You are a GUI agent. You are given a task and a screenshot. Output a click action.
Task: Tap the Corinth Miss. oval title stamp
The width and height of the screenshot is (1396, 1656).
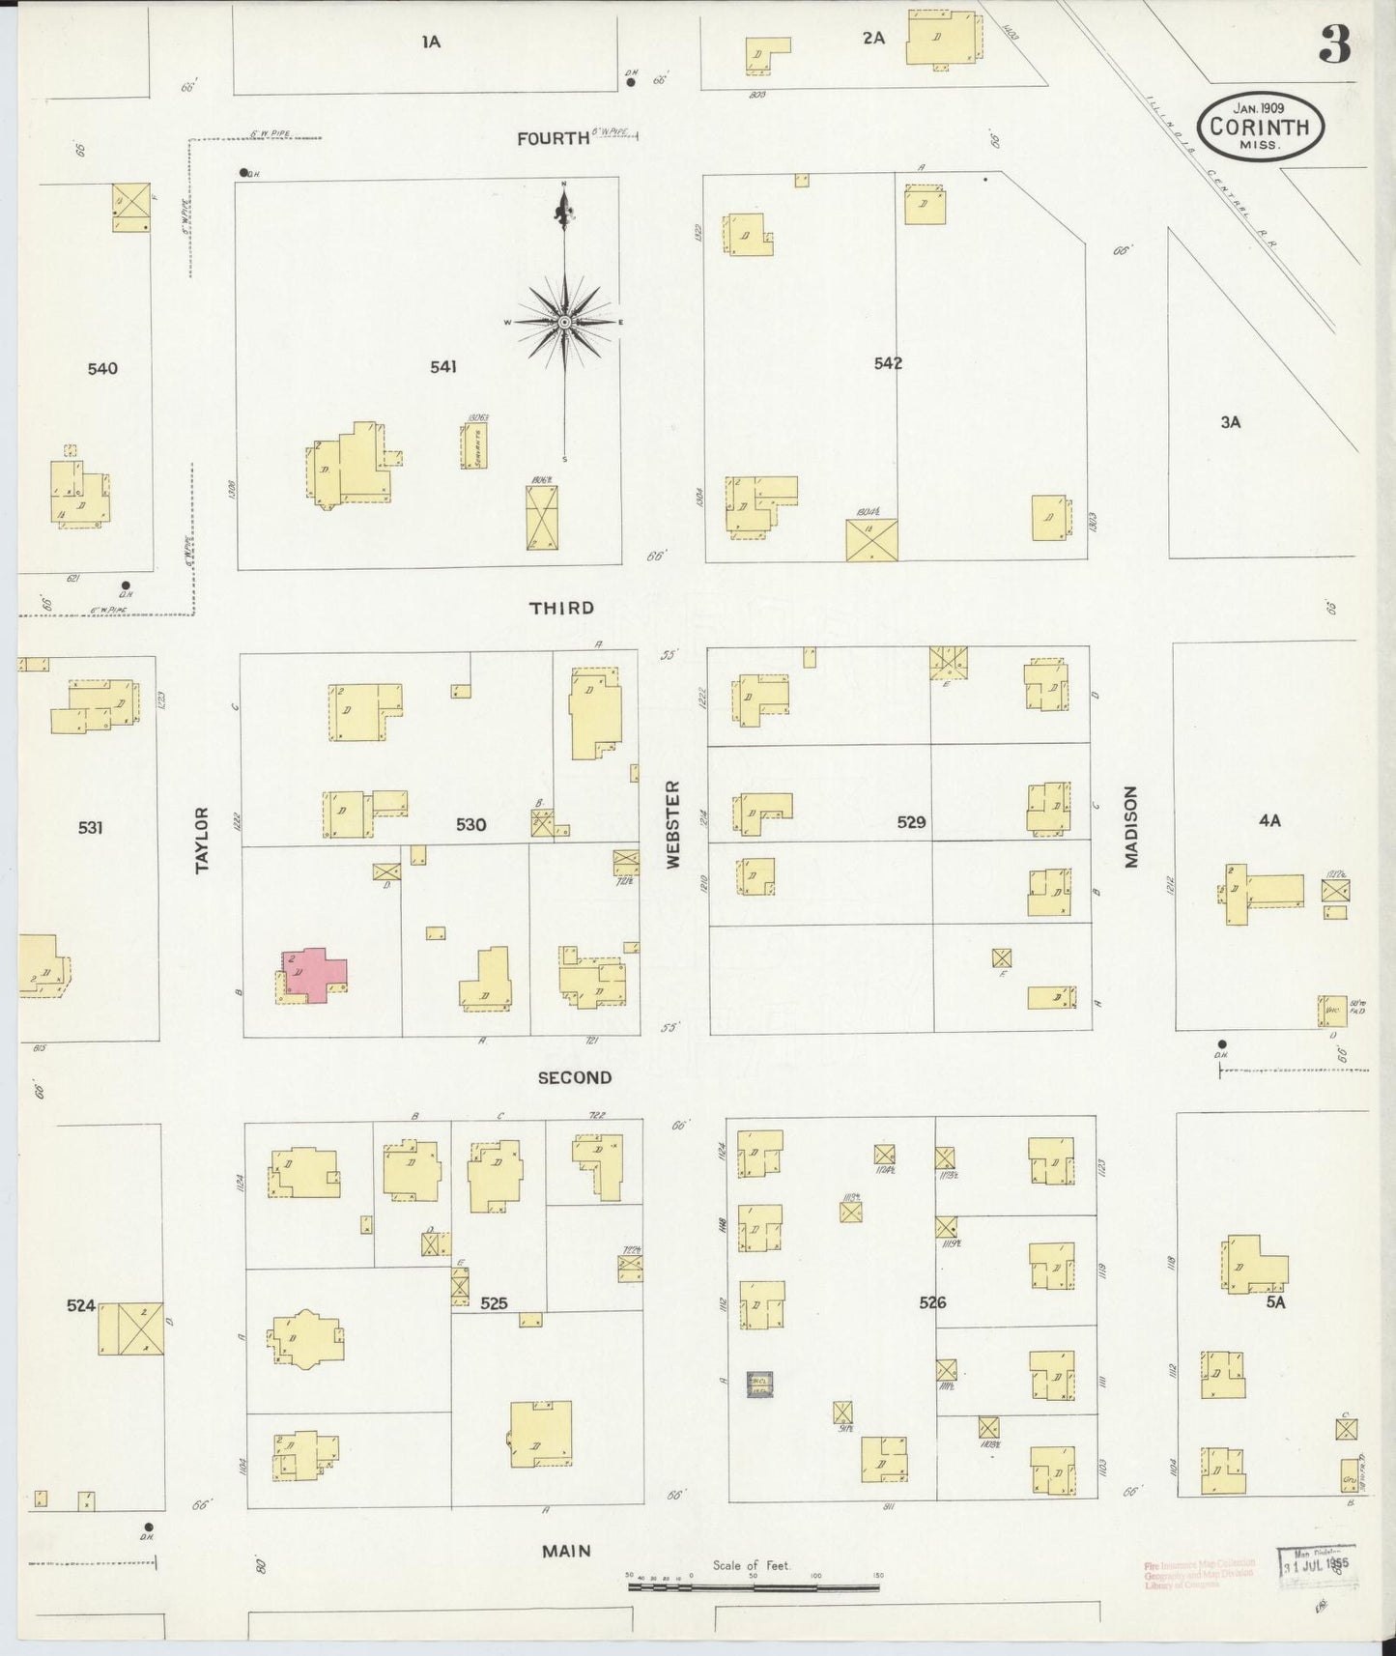(1260, 127)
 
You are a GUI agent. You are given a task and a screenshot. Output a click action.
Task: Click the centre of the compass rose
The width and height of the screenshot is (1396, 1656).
(564, 321)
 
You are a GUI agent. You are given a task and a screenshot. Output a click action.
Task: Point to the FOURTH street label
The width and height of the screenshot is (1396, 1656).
(553, 139)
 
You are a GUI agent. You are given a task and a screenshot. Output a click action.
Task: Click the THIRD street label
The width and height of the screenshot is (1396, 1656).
(561, 608)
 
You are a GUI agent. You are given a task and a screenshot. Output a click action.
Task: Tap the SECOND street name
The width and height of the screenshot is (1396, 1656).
(574, 1077)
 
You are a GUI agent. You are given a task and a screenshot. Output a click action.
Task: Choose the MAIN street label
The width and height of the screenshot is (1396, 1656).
(566, 1551)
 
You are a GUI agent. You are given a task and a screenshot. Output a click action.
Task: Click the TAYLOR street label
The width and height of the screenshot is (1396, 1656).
(202, 840)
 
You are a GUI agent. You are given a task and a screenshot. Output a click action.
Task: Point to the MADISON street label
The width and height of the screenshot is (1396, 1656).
(1130, 826)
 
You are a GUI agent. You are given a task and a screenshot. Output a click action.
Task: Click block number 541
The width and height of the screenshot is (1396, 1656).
(443, 366)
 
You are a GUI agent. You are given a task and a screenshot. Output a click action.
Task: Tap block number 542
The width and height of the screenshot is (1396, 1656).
(887, 363)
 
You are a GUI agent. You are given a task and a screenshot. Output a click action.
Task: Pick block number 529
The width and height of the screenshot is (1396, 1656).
(911, 822)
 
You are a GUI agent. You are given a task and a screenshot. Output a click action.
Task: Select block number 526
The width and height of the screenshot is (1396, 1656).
(931, 1302)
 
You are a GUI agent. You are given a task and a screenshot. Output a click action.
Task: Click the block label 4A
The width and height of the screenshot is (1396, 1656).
(1268, 820)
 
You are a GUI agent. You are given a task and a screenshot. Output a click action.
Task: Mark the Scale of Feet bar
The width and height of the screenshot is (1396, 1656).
(754, 1585)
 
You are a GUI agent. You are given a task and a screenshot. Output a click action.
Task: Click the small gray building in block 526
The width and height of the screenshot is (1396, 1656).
(759, 1384)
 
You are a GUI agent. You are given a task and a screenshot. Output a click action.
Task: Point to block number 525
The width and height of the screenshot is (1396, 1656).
(494, 1303)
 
